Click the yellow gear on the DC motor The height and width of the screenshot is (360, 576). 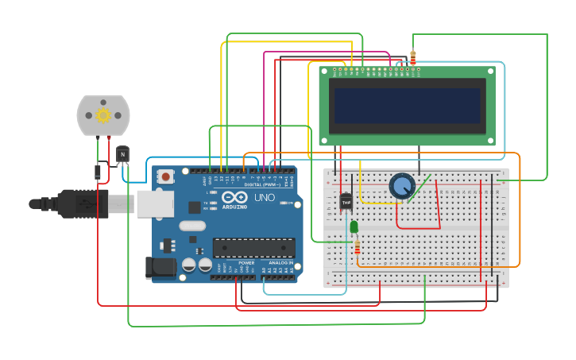tap(102, 116)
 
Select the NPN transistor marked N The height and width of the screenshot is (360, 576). tap(122, 154)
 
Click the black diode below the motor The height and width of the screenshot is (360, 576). tap(98, 171)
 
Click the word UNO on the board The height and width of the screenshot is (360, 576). tap(265, 197)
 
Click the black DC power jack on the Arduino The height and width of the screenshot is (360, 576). tap(160, 268)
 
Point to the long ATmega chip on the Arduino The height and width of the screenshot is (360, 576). tap(253, 248)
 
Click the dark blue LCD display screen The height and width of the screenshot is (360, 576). tap(407, 105)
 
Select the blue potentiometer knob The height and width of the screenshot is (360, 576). tap(402, 186)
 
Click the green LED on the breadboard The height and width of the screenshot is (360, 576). tap(354, 227)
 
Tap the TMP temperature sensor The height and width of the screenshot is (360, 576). tap(346, 203)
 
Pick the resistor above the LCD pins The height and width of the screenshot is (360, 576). tap(412, 58)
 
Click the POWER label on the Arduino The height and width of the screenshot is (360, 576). tap(247, 262)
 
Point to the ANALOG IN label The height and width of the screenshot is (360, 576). tap(280, 262)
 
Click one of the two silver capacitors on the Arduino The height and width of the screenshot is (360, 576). tap(189, 265)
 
